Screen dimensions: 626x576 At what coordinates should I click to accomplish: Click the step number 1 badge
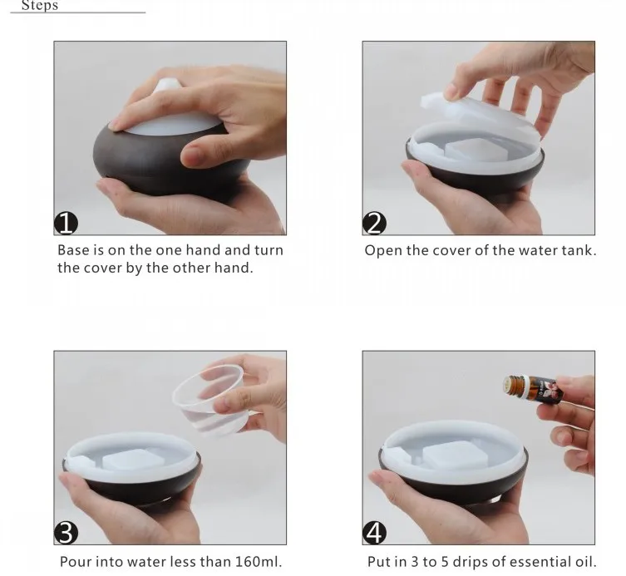[66, 223]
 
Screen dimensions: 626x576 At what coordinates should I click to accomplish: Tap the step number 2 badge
[374, 223]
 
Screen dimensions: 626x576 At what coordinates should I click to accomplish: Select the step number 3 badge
[66, 533]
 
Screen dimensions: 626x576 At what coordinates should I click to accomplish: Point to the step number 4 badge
[374, 533]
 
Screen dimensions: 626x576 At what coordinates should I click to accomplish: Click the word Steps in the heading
[40, 5]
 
